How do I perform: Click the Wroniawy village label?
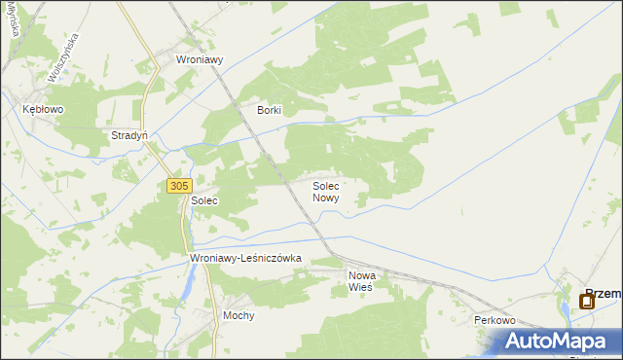200,59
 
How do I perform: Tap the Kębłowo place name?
43,110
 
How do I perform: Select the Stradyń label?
129,135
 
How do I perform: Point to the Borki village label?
269,110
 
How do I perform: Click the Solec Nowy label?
326,191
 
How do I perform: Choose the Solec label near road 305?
204,200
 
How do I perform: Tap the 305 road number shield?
178,186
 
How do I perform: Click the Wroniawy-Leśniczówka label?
246,258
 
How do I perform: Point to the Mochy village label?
238,316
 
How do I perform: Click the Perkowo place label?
494,320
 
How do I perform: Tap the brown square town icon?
586,302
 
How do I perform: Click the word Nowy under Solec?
326,198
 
